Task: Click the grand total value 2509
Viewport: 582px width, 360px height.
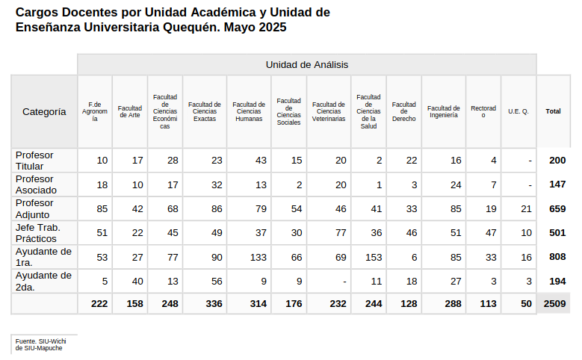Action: [x=554, y=304]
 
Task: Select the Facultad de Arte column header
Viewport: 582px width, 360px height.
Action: [x=130, y=111]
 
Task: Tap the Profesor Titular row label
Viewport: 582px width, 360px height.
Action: [x=35, y=160]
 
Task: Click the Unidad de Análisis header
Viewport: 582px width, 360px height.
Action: [x=306, y=65]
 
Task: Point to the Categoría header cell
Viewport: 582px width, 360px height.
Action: [x=44, y=111]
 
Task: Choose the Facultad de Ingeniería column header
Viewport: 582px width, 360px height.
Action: [x=443, y=111]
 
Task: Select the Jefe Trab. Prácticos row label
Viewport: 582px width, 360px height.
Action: [x=38, y=232]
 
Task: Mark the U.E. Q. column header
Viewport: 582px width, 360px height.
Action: [x=518, y=111]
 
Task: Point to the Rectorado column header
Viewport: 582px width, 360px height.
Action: [x=483, y=111]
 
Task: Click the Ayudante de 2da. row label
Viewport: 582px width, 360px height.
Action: [x=43, y=281]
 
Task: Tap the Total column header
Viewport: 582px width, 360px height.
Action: [x=553, y=111]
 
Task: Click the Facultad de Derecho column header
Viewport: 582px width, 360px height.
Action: [x=403, y=111]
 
